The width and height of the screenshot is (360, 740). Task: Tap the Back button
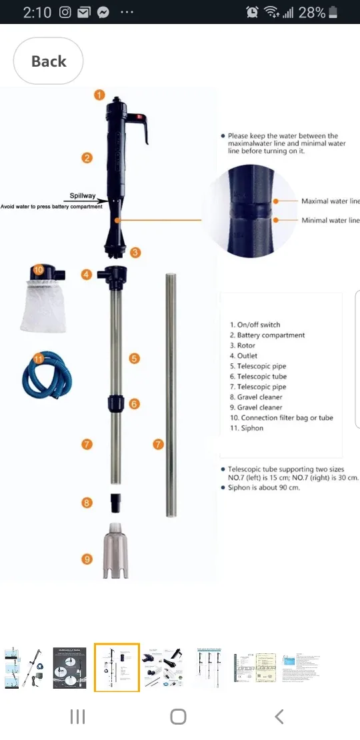[x=48, y=61]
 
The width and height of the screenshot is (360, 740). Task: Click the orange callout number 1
[x=99, y=95]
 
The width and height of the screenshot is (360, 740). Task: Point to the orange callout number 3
[x=135, y=252]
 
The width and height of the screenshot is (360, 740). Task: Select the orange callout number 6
[x=134, y=403]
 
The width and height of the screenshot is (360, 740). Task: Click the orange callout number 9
[x=87, y=559]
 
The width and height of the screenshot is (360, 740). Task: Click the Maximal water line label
[x=330, y=201]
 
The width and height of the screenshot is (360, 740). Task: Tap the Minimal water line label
[x=330, y=221]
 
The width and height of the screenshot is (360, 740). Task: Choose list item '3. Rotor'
[x=243, y=345]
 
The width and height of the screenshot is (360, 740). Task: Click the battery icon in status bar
[x=333, y=12]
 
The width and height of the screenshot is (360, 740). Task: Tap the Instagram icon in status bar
[x=65, y=12]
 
